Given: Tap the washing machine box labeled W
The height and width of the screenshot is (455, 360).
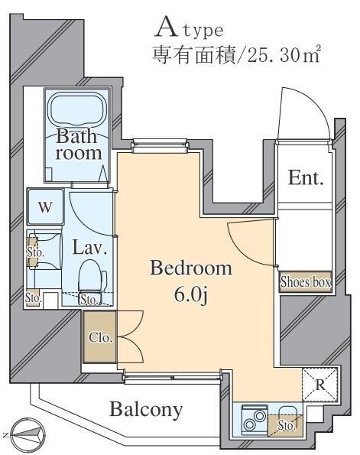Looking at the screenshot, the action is (46, 206).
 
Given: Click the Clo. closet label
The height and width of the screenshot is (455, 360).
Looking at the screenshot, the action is (100, 337).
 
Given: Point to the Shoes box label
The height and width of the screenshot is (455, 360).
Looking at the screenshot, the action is (305, 281).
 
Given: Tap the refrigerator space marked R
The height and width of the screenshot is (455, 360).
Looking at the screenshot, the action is (320, 385).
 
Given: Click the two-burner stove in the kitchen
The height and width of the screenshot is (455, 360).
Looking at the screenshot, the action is (255, 420).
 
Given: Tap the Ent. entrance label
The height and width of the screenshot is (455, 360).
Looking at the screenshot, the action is (306, 177).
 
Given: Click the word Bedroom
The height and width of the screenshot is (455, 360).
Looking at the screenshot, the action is (191, 268).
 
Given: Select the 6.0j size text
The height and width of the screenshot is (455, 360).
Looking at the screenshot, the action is (191, 295).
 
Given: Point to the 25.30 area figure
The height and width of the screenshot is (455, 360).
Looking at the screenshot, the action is (273, 56).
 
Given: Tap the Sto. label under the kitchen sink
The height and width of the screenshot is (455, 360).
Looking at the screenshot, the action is (286, 426).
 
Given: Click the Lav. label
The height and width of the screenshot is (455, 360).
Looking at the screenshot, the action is (90, 248).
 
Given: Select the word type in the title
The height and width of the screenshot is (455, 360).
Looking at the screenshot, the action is (203, 31).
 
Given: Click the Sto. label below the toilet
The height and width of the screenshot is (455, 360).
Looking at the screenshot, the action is (89, 300).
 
